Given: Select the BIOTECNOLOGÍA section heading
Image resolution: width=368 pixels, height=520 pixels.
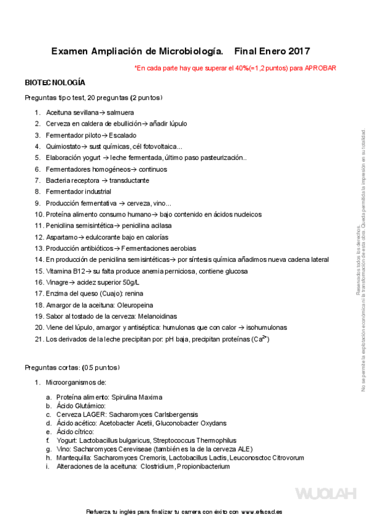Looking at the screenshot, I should pyautogui.click(x=55, y=82).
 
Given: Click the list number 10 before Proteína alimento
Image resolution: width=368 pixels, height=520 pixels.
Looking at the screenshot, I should pyautogui.click(x=39, y=214).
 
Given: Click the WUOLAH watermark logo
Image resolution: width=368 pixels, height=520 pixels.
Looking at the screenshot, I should pyautogui.click(x=326, y=493).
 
